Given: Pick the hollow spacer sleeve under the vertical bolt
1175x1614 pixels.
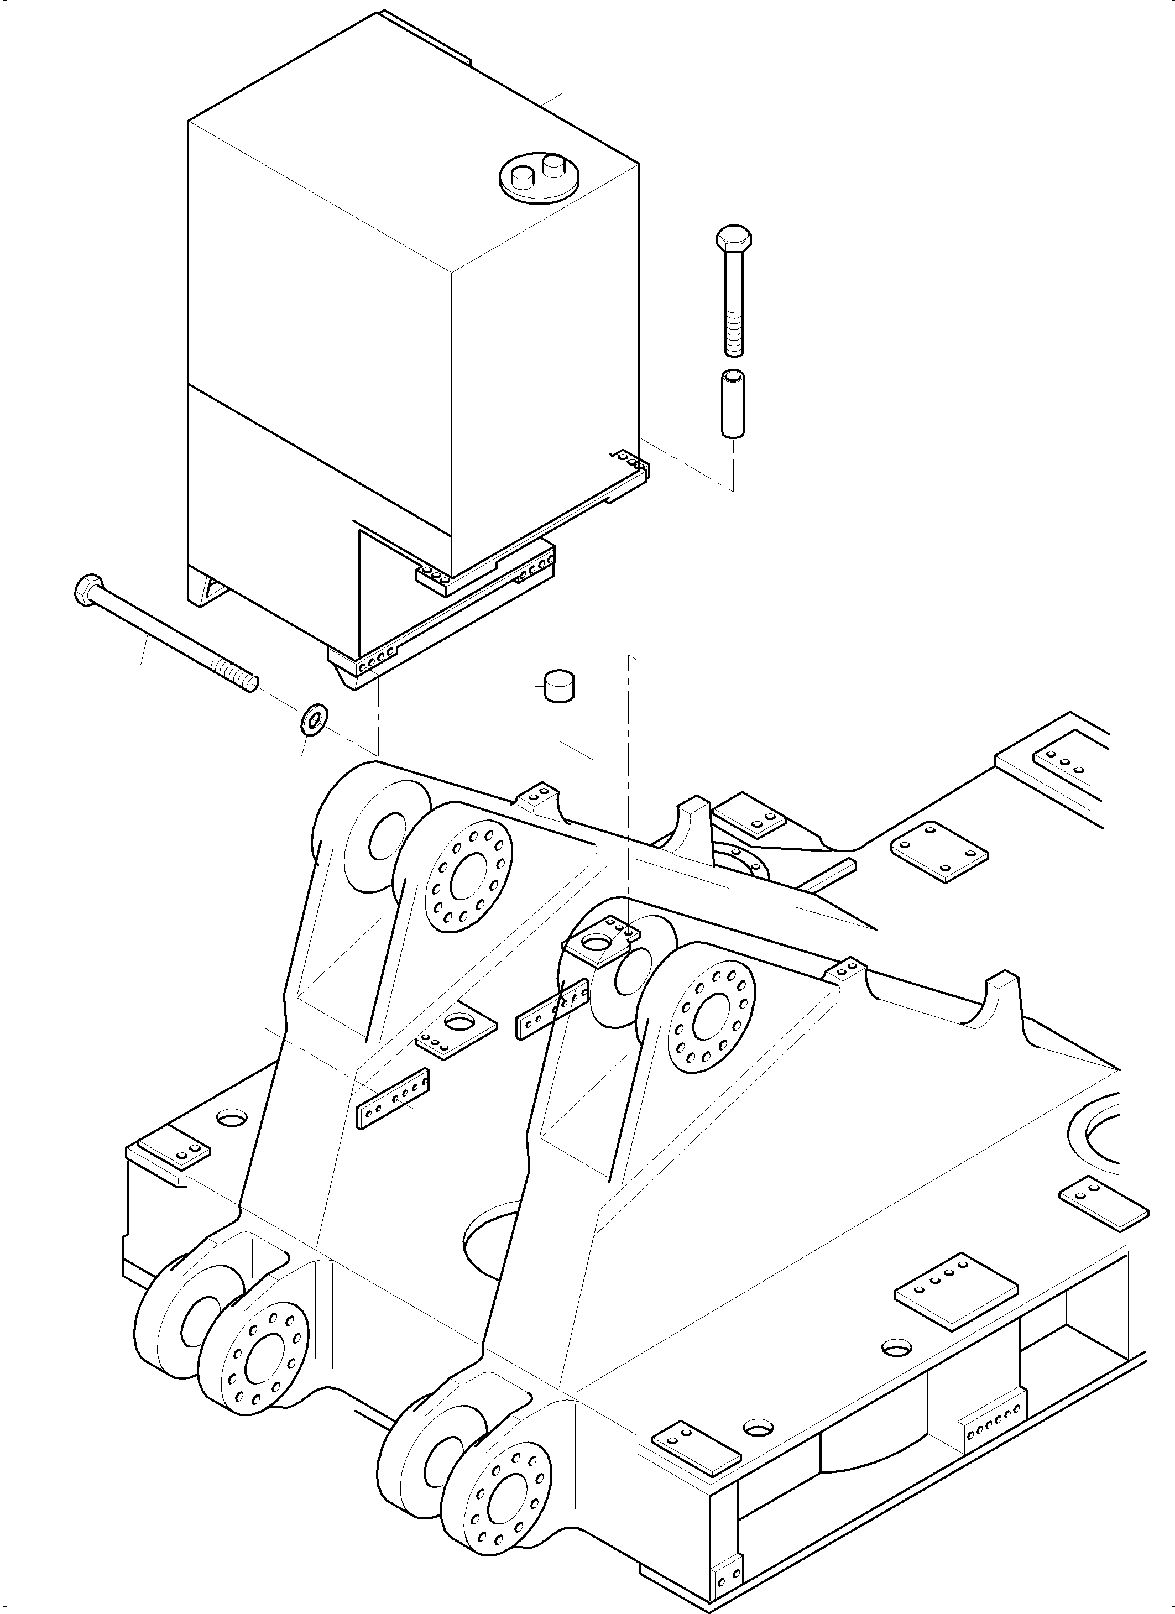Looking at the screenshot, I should coord(732,402).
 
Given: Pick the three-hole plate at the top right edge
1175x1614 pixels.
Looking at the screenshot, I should coord(1064,764).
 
